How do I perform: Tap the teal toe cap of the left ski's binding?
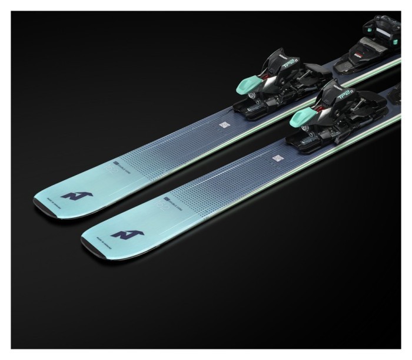click(248, 87)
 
